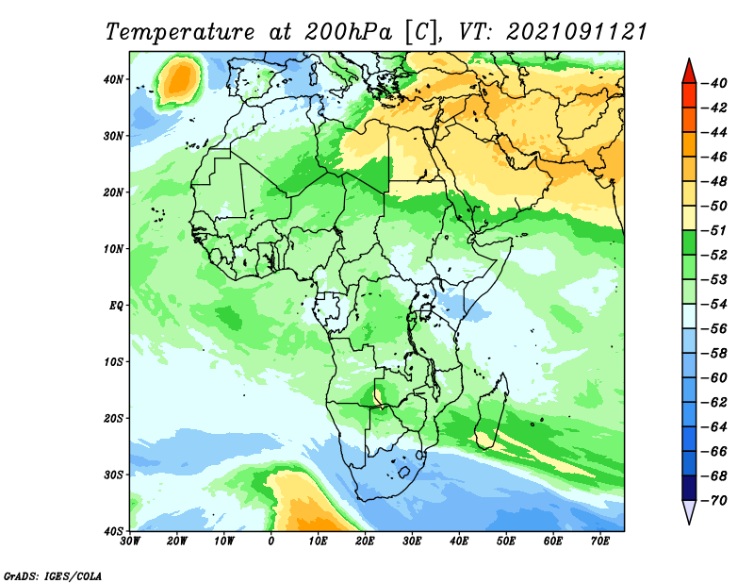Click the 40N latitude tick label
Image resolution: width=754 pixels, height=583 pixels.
[113, 79]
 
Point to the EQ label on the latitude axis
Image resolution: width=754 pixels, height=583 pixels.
[116, 306]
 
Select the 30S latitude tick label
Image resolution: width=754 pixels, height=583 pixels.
[113, 475]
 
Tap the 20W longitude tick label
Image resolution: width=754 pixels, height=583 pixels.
[176, 541]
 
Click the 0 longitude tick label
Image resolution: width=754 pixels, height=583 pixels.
[270, 541]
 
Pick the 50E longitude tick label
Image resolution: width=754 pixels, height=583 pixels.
[506, 541]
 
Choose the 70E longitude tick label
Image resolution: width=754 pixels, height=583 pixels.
[599, 541]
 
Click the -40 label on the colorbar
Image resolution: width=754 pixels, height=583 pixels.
[714, 83]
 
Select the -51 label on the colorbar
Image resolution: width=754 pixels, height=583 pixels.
[714, 230]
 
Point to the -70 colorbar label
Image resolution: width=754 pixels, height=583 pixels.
[714, 501]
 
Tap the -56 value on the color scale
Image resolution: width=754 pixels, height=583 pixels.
[714, 329]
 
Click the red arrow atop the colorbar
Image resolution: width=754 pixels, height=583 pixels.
[689, 73]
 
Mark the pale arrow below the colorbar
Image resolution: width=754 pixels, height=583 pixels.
[689, 511]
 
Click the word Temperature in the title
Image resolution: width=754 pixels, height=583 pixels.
[180, 33]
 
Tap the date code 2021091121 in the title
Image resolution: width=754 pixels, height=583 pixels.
[577, 32]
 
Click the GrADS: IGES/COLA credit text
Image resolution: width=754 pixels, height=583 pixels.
[53, 576]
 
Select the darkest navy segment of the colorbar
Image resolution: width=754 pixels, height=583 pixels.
[689, 488]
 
